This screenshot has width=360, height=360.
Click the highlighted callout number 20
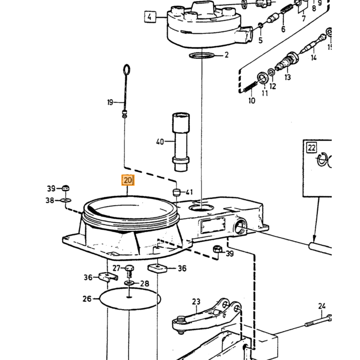[x=128, y=180]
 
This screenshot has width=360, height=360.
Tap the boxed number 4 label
[x=150, y=17]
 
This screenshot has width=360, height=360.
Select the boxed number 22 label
[x=312, y=148]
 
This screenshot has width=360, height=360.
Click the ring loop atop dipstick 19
[x=127, y=70]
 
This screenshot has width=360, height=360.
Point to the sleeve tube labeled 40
[x=181, y=142]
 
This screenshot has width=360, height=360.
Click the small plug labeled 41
[x=176, y=192]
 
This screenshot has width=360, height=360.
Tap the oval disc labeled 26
[x=130, y=299]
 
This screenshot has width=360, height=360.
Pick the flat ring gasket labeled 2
[x=202, y=56]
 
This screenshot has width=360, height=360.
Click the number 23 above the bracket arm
[x=196, y=301]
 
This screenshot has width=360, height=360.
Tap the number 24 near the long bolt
[x=321, y=306]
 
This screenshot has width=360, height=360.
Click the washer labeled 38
[x=66, y=201]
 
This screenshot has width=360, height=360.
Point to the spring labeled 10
[x=250, y=87]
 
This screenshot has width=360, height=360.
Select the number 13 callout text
[x=287, y=77]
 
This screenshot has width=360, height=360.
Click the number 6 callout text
[x=283, y=29]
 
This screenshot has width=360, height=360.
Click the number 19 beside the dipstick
[x=110, y=102]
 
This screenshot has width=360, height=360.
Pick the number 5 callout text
[x=260, y=40]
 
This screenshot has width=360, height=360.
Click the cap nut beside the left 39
[x=66, y=188]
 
